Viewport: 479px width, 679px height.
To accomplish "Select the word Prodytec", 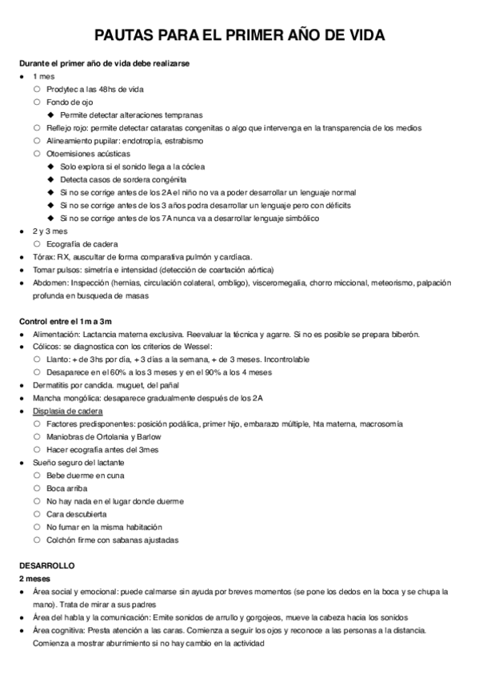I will (65, 89).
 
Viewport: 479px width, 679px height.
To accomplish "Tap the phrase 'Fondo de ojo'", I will (70, 102).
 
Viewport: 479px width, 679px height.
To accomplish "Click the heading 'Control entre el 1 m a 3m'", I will (66, 320).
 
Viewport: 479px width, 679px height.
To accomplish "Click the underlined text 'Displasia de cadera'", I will (68, 411).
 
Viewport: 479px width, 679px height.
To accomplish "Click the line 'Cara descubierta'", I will (78, 514).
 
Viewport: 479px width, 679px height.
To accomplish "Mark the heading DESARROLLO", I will (46, 565).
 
